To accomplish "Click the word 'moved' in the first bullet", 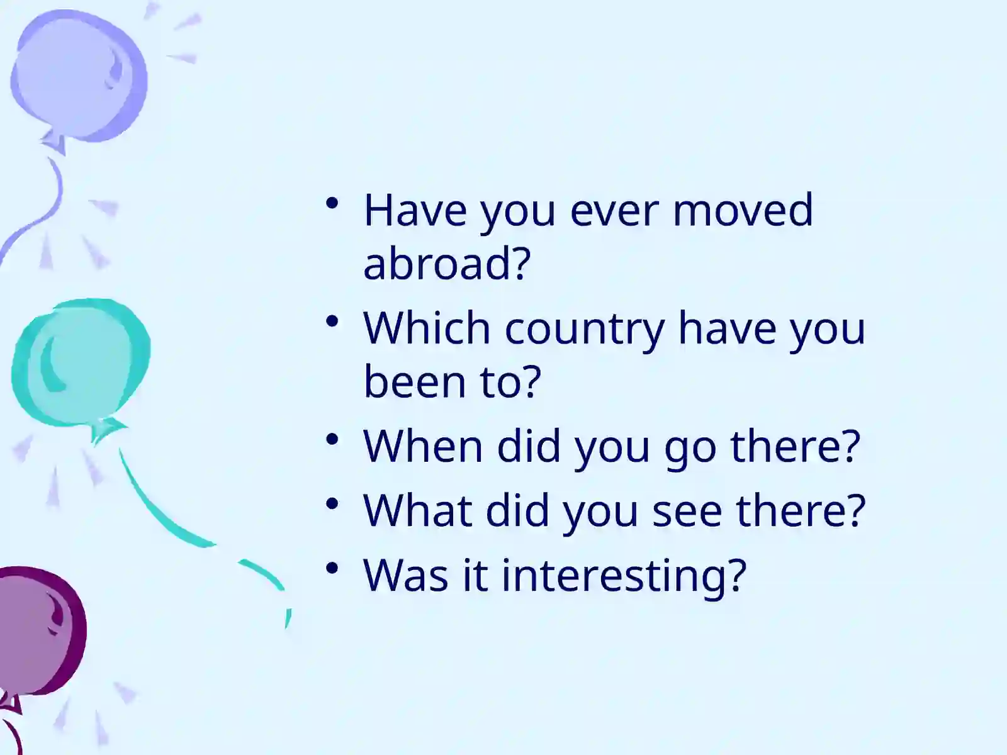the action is point(743,210).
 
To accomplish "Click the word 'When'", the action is point(423,446).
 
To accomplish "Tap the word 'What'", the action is point(417,510).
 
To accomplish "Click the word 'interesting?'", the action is point(624,577).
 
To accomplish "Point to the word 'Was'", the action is point(405,575).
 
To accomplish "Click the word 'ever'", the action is point(614,214).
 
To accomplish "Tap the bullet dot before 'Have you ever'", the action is point(332,203).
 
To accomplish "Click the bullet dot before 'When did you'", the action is point(332,440).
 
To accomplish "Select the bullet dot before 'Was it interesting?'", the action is point(332,568).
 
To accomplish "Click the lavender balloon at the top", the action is point(78,75).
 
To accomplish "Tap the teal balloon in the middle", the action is point(81,362).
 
